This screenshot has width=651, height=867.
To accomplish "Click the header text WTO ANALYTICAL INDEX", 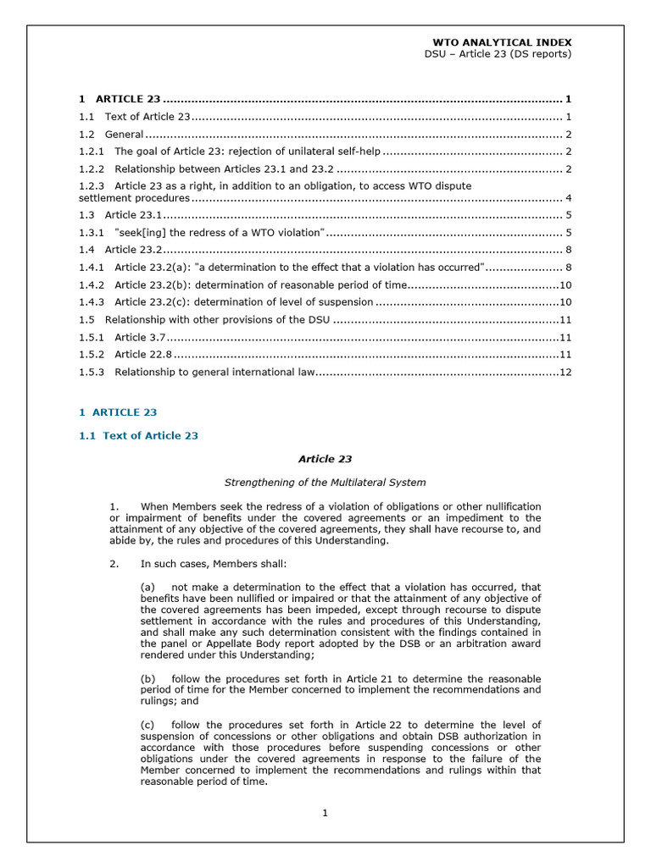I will [502, 41].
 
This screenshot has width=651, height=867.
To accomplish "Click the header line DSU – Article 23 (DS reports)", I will [498, 54].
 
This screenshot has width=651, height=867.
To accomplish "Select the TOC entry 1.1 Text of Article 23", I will [147, 117].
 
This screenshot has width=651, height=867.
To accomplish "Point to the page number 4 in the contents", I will [568, 198].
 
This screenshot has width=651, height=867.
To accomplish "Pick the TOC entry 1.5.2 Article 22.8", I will [143, 354].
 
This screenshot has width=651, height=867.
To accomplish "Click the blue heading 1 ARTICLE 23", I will [118, 412].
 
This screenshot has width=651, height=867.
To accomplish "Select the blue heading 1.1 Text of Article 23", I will [138, 435].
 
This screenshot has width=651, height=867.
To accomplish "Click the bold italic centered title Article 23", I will [325, 459].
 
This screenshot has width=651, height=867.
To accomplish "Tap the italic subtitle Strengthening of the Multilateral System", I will [325, 483].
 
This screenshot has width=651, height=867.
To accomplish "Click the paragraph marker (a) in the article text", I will [147, 587].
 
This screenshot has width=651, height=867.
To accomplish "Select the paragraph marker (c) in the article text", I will [147, 725].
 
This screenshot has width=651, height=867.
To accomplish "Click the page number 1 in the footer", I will [325, 814].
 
